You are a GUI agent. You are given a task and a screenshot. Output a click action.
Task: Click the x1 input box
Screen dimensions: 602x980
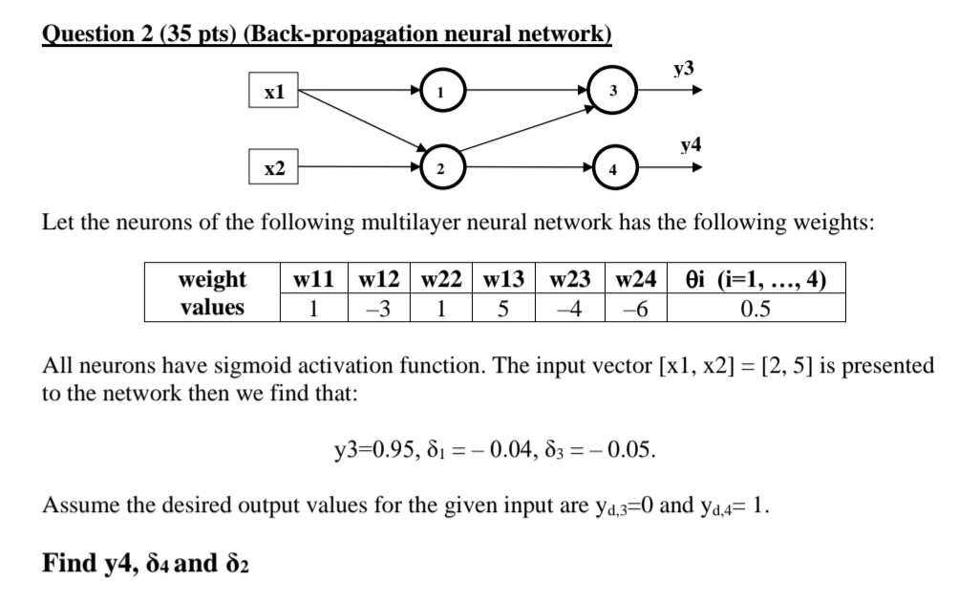tap(274, 93)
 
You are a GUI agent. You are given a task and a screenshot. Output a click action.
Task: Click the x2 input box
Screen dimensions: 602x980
tap(274, 168)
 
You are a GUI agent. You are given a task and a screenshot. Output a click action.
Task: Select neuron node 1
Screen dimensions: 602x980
tap(441, 93)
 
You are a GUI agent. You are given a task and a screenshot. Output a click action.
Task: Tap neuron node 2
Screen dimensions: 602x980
tap(441, 168)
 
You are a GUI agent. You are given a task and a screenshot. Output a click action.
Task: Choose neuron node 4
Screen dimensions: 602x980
tap(613, 168)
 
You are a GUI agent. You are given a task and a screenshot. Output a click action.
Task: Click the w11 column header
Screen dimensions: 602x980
tap(314, 280)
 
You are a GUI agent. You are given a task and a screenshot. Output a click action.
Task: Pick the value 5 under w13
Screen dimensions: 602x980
tap(506, 308)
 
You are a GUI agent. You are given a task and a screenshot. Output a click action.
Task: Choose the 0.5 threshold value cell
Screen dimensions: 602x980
tap(756, 308)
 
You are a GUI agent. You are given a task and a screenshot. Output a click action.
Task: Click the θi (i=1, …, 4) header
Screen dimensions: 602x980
tap(756, 280)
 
